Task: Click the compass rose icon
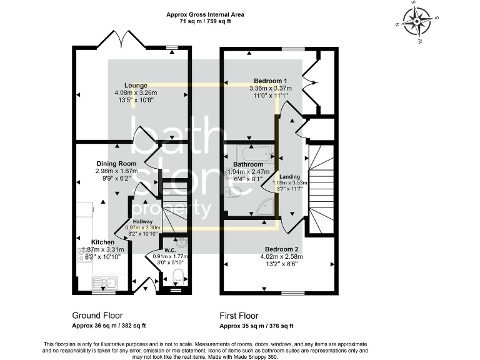click(x=417, y=22)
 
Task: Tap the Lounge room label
click(x=136, y=86)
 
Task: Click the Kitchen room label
click(x=103, y=242)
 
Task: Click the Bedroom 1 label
click(x=271, y=81)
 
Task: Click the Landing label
click(x=289, y=177)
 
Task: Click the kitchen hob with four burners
click(x=84, y=254)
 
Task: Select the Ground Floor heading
click(x=97, y=316)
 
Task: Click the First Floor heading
click(x=239, y=316)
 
